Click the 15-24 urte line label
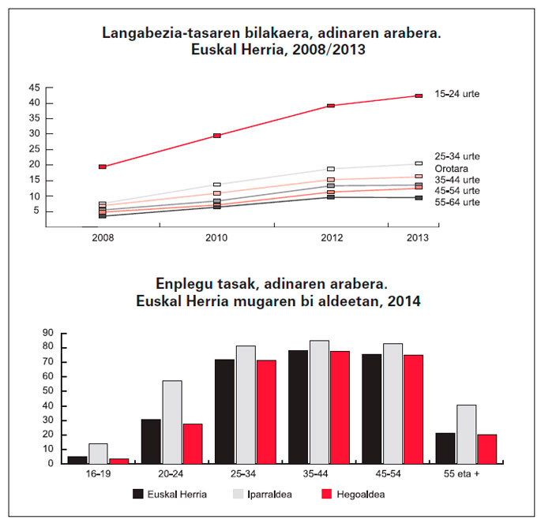click(457, 94)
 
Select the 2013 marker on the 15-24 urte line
click(419, 96)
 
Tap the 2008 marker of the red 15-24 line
click(103, 166)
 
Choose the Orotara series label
click(450, 168)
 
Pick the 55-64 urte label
click(457, 203)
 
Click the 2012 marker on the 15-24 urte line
click(330, 106)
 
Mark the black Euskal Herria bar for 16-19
click(77, 460)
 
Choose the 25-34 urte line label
click(457, 156)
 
